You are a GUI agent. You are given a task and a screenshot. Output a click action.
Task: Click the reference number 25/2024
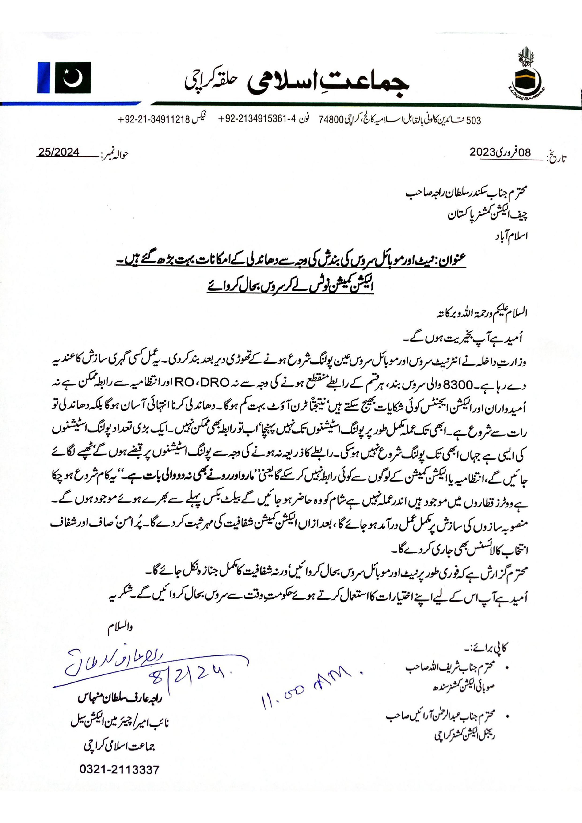click(59, 152)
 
